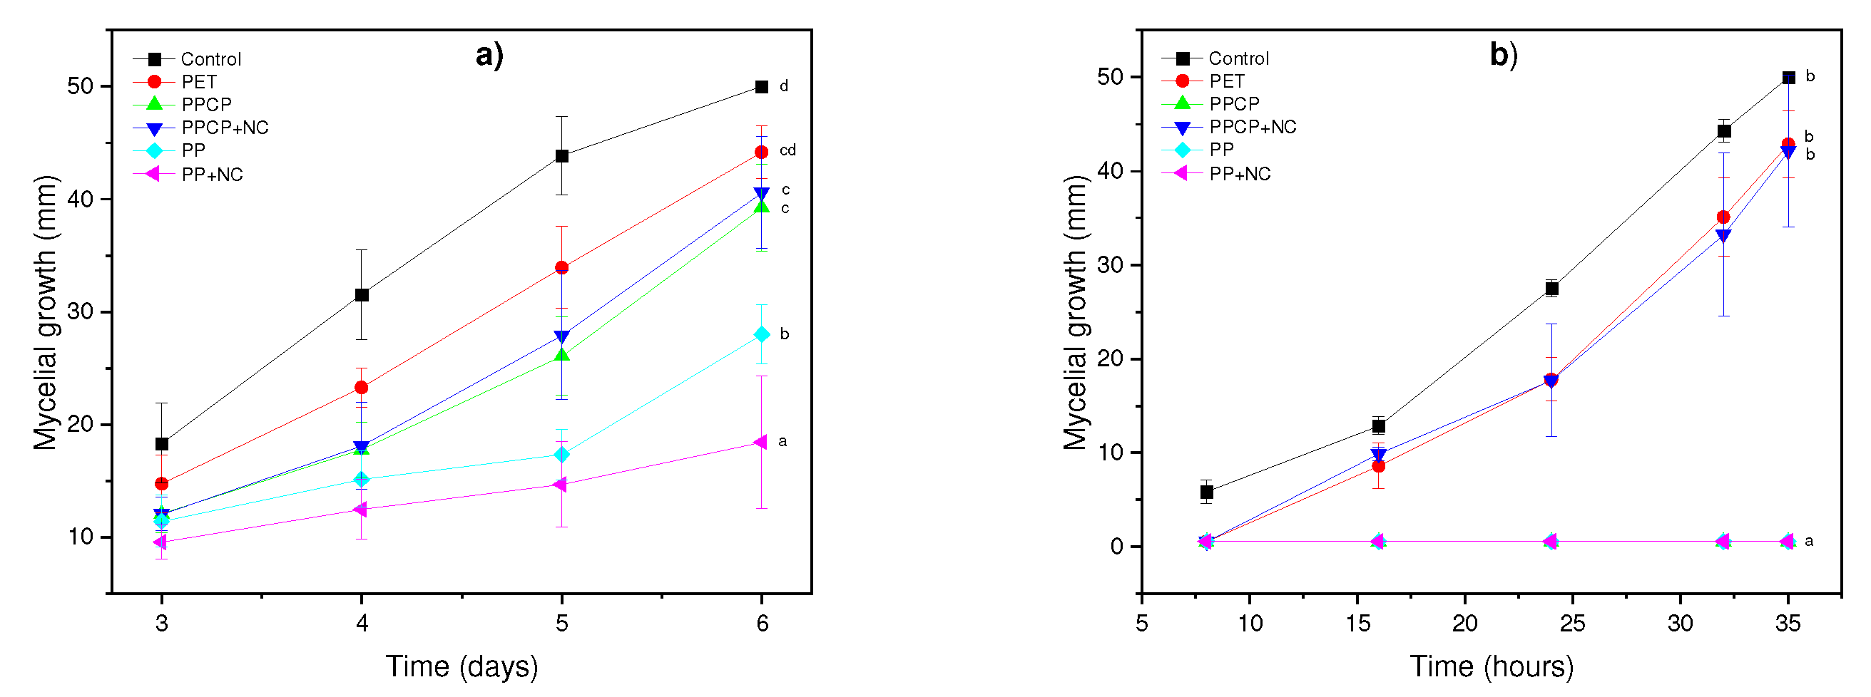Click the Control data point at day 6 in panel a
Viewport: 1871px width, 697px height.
pyautogui.click(x=761, y=87)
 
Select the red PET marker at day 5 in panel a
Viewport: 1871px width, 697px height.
pyautogui.click(x=561, y=267)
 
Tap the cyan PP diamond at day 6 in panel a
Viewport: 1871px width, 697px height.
pyautogui.click(x=761, y=334)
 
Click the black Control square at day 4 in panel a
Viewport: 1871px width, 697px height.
pyautogui.click(x=362, y=295)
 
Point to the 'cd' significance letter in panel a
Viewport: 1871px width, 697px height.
pyautogui.click(x=787, y=150)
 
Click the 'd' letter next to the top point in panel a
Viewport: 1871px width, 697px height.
pyautogui.click(x=784, y=86)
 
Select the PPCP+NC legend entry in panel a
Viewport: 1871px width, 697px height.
pyautogui.click(x=225, y=128)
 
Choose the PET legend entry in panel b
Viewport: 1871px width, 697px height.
pyautogui.click(x=1226, y=81)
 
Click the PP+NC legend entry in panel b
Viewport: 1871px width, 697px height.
pyautogui.click(x=1239, y=173)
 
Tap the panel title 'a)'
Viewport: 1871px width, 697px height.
pyautogui.click(x=489, y=55)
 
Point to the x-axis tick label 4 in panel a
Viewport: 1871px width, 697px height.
pyautogui.click(x=362, y=623)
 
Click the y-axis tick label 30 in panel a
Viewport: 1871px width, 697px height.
pyautogui.click(x=81, y=311)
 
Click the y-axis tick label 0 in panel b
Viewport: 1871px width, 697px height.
pyautogui.click(x=1116, y=547)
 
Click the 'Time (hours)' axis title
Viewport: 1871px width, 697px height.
pyautogui.click(x=1492, y=666)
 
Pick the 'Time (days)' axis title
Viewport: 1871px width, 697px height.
pyautogui.click(x=462, y=666)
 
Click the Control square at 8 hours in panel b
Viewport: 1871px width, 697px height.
pyautogui.click(x=1206, y=492)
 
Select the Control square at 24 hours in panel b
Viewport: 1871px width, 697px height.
pyautogui.click(x=1551, y=288)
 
